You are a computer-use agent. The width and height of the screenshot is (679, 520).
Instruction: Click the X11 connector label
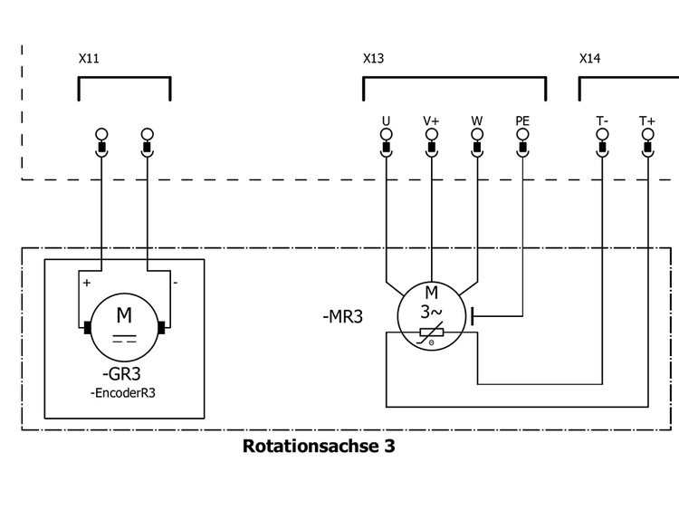click(89, 59)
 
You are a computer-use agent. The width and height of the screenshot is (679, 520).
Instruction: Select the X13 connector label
click(373, 59)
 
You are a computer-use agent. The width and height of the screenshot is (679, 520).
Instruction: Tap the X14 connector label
click(589, 59)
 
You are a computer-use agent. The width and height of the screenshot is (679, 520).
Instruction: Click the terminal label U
click(386, 120)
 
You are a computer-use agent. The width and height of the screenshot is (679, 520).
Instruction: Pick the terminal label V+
click(431, 120)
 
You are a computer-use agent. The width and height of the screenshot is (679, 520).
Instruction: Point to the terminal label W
click(477, 120)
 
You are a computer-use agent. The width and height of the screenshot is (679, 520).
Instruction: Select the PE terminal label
click(522, 120)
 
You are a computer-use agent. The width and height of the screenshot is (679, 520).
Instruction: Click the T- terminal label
click(602, 120)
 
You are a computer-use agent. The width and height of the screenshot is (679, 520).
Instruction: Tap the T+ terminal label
click(647, 120)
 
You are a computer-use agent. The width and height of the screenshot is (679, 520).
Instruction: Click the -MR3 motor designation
click(343, 318)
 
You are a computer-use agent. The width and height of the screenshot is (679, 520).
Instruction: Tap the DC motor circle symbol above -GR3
click(123, 326)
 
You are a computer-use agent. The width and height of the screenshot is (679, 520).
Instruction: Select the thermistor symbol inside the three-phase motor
click(431, 334)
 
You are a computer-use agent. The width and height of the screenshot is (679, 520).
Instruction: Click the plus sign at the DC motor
click(87, 283)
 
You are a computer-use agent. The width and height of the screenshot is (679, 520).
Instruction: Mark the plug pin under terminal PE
click(522, 144)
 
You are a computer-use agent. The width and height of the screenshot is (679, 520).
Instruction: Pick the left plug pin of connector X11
click(101, 144)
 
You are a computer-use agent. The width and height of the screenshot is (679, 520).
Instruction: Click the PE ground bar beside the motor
click(473, 316)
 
